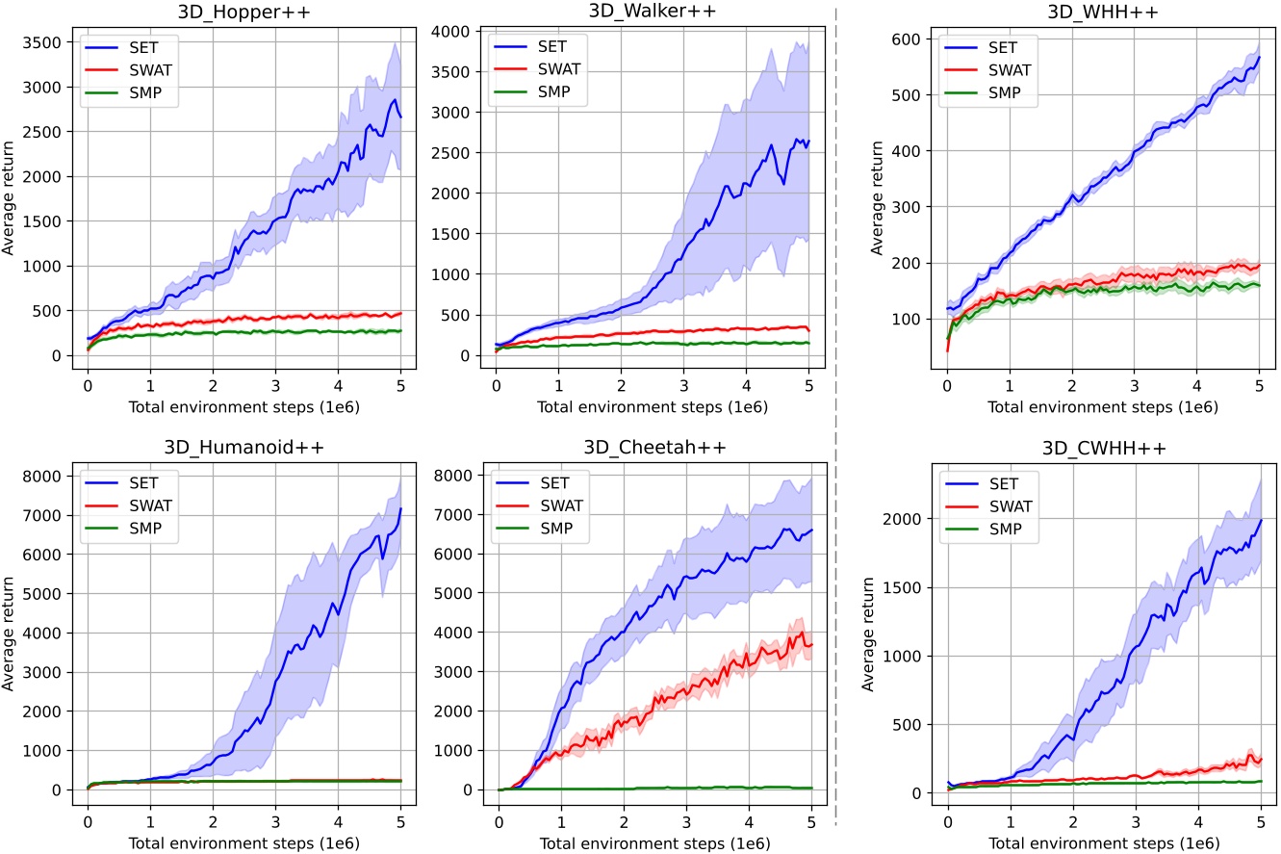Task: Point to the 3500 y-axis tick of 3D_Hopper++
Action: [44, 42]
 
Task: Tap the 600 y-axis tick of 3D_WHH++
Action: [907, 39]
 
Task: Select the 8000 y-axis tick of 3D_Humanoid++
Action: [44, 476]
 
